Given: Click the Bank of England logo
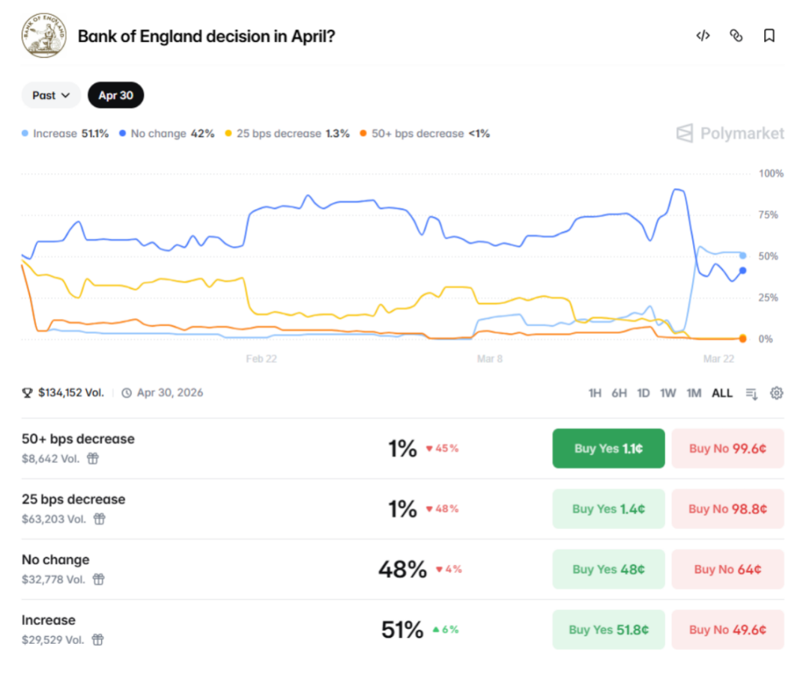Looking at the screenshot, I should coord(43,36).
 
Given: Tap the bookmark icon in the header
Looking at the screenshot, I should coord(769,36).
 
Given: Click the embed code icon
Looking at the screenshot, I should coord(703,36).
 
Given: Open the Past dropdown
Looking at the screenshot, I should coord(51,95).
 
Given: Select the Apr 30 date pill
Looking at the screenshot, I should coord(115,95).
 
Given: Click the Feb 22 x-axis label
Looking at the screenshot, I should coord(261,359).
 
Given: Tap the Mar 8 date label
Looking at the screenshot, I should coord(490,359).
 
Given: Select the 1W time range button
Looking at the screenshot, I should coord(668,393).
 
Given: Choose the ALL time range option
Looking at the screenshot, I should coord(722,393).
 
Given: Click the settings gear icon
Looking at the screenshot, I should coord(777,393).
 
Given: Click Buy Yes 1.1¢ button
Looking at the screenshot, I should coord(608,448).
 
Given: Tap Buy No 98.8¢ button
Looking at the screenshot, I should coord(727,509).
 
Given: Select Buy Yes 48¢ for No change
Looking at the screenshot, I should coord(608,569).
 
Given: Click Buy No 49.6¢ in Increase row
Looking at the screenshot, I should coord(727,630).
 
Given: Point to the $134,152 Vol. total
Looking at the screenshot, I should coord(70,392).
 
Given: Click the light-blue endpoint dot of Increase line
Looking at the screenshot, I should coord(742,256).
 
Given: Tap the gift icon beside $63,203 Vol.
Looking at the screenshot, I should coord(99,519).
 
